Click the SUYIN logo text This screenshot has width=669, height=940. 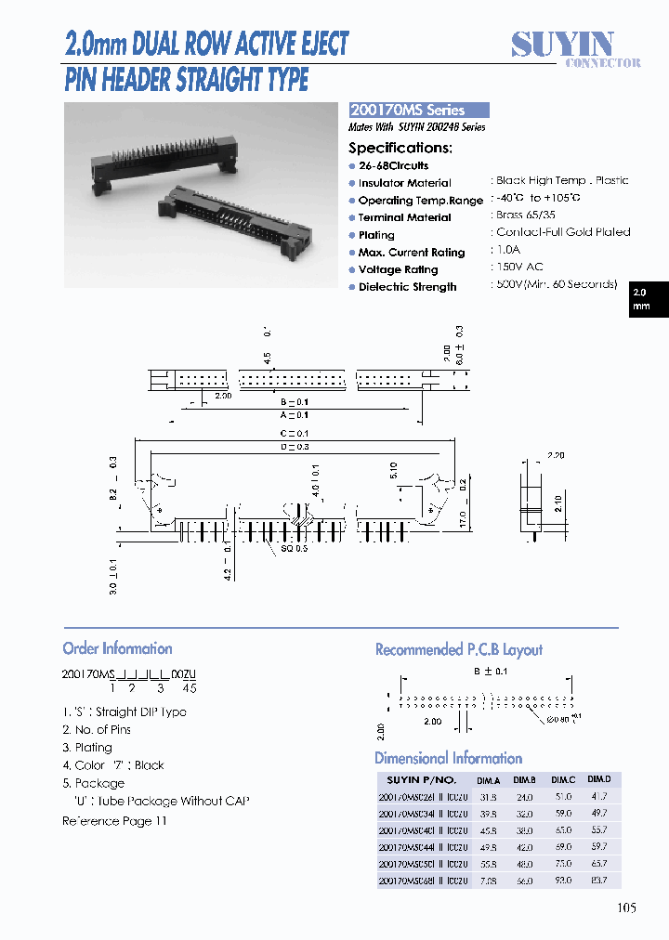click(563, 44)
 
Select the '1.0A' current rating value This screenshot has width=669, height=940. click(507, 251)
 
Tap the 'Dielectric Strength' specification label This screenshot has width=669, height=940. click(407, 287)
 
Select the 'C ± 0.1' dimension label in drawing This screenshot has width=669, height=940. click(295, 433)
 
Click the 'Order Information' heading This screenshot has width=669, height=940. click(117, 648)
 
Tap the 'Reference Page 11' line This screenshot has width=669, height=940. click(114, 821)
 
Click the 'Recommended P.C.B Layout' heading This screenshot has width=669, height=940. click(459, 649)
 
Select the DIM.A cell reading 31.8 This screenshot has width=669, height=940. click(491, 796)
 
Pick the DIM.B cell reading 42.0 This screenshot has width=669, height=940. click(526, 846)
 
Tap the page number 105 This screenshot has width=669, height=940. click(626, 908)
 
